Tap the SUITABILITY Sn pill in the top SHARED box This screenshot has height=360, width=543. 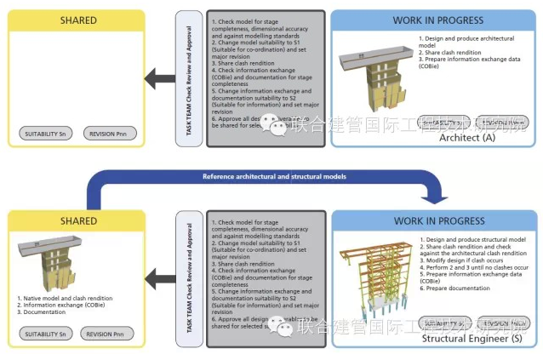[47, 134]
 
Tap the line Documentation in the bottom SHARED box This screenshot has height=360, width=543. [43, 311]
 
